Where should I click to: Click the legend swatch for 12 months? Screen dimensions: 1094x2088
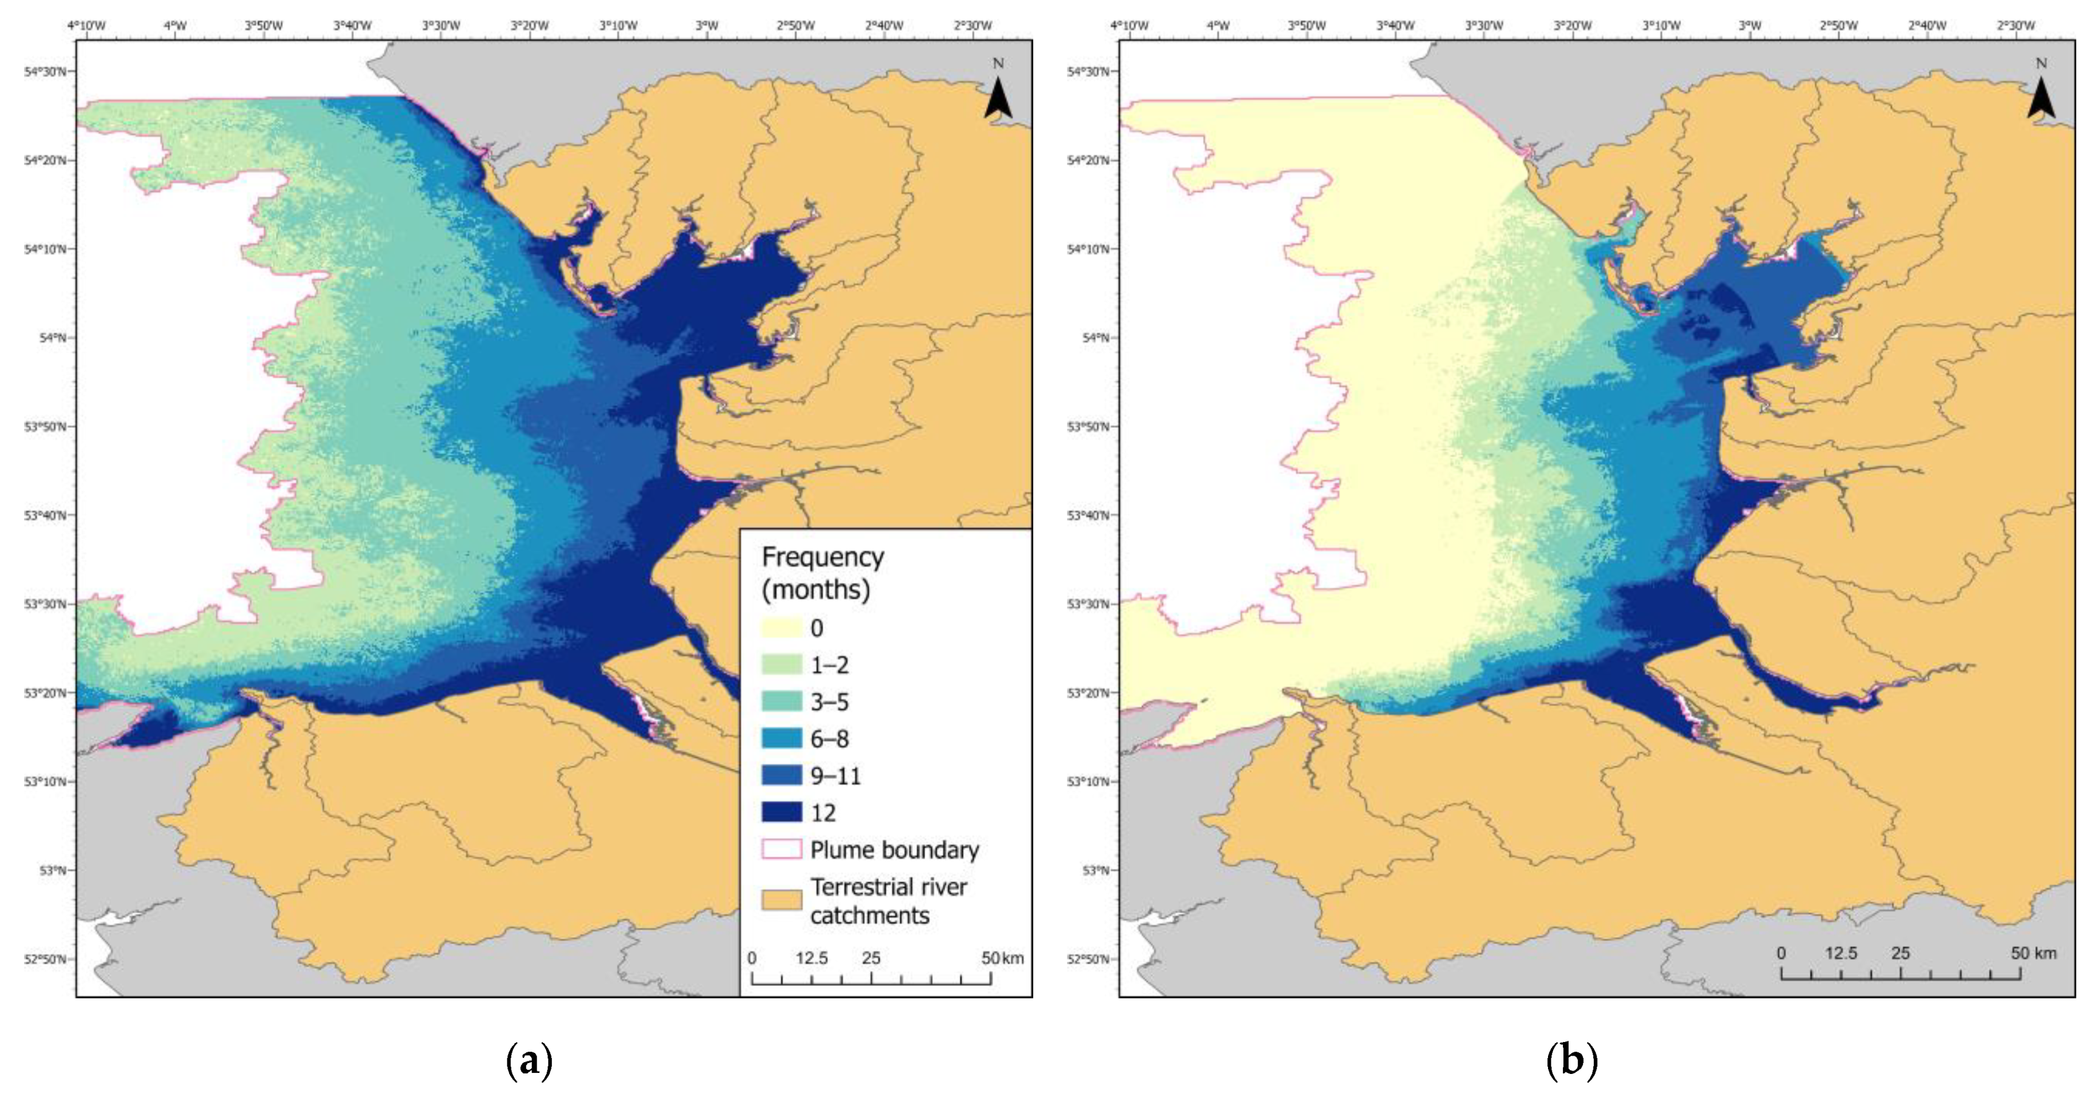(781, 812)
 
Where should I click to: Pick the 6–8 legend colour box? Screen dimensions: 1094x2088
(781, 738)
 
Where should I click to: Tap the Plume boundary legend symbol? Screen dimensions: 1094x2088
(781, 849)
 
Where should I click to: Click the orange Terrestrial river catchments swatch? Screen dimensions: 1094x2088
(781, 900)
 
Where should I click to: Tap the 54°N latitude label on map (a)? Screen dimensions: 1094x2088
(52, 337)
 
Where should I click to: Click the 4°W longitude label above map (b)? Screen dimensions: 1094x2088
(1218, 26)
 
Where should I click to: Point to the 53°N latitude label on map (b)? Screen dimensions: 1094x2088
(1096, 870)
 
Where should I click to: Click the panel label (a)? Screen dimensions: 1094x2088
(529, 1060)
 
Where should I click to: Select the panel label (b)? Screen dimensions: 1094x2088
(1571, 1060)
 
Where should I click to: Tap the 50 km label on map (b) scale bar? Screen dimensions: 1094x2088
(2033, 953)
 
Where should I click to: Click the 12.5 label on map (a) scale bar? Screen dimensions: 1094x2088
(811, 958)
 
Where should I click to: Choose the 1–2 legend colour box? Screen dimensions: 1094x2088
(781, 664)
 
